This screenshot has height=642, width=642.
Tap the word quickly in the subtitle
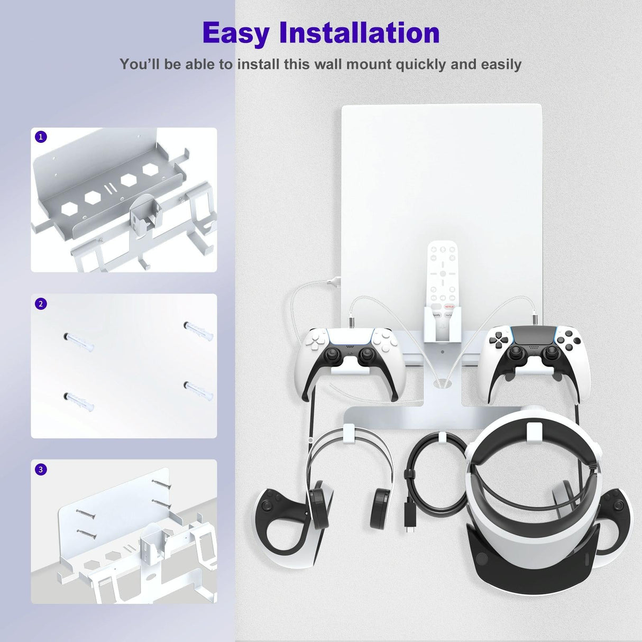pos(421,65)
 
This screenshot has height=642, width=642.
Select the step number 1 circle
pos(41,137)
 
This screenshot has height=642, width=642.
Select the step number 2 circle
pos(41,304)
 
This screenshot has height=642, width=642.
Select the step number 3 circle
pos(41,470)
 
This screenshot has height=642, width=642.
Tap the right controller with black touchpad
pos(533,352)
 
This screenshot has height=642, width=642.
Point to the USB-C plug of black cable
pos(409,525)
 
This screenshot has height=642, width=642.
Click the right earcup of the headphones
pos(380,505)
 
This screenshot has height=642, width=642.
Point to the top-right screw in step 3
pos(161,484)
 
